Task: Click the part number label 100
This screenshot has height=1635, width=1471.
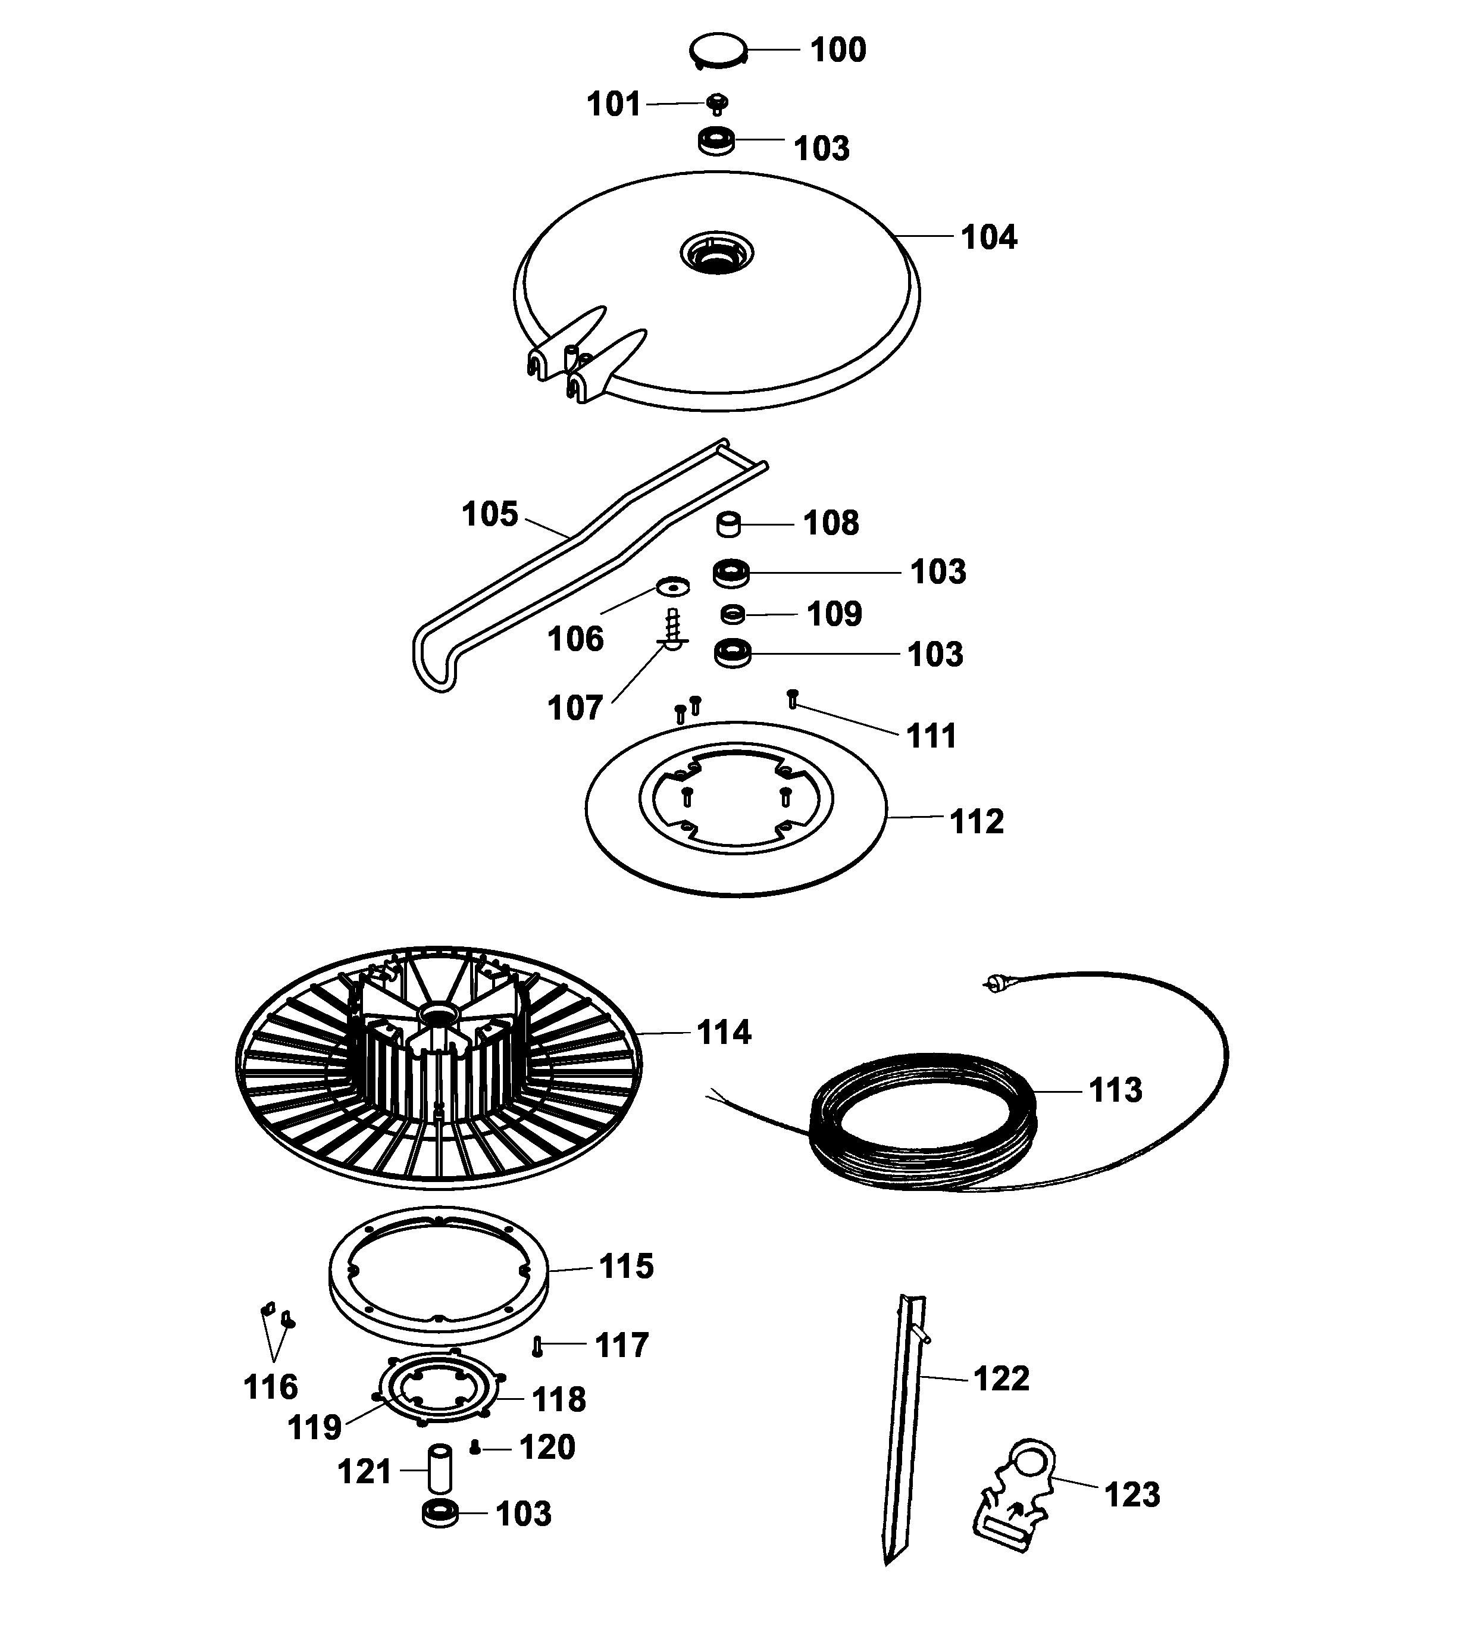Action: point(837,50)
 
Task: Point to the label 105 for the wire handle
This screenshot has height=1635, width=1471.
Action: point(489,514)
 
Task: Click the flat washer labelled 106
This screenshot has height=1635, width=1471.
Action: point(672,583)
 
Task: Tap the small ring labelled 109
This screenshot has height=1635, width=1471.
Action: point(733,614)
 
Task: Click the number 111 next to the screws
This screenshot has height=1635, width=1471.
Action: point(931,736)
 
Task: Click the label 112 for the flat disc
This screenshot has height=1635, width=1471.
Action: point(977,821)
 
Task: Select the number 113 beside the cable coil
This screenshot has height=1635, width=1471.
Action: point(1115,1090)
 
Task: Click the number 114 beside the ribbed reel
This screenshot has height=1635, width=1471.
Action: point(724,1033)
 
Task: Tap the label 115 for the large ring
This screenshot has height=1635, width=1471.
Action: point(625,1267)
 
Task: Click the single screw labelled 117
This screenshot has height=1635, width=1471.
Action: point(537,1346)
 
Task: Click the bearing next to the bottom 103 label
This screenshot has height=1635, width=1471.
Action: point(440,1513)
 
